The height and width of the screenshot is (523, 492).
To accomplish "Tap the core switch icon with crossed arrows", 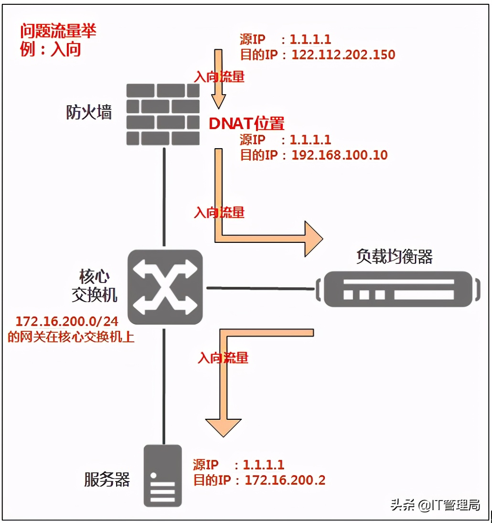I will (x=165, y=288).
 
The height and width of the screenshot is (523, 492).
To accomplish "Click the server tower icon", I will (x=163, y=475).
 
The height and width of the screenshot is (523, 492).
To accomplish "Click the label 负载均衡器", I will (x=394, y=257).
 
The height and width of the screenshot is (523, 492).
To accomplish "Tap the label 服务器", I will (x=107, y=479).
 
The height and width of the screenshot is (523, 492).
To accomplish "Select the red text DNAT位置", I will (x=246, y=124).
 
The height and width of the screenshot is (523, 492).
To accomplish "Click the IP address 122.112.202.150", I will (x=343, y=54).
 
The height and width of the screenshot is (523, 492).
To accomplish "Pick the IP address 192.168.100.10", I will (x=339, y=155).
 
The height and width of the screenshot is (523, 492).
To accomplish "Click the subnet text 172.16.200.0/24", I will (x=67, y=321).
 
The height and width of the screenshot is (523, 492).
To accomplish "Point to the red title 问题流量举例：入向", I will (x=57, y=40).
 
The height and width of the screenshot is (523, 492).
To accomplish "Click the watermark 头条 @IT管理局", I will (x=435, y=505).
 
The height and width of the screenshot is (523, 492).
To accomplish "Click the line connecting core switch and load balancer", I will (x=260, y=288).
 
